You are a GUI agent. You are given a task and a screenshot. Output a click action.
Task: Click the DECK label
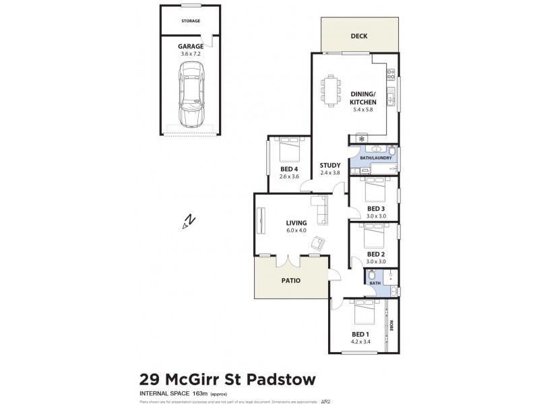click(360, 37)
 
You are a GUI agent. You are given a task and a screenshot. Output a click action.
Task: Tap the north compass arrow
click(189, 221)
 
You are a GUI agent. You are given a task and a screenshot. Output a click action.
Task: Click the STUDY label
click(329, 165)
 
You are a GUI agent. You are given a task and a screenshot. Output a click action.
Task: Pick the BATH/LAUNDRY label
click(371, 158)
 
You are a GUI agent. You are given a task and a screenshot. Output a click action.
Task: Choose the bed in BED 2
click(373, 238)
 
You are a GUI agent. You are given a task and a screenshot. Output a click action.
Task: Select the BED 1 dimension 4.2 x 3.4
click(360, 342)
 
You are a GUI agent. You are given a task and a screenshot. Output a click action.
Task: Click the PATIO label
click(291, 280)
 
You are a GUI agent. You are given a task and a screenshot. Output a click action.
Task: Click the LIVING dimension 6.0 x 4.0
click(296, 231)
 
